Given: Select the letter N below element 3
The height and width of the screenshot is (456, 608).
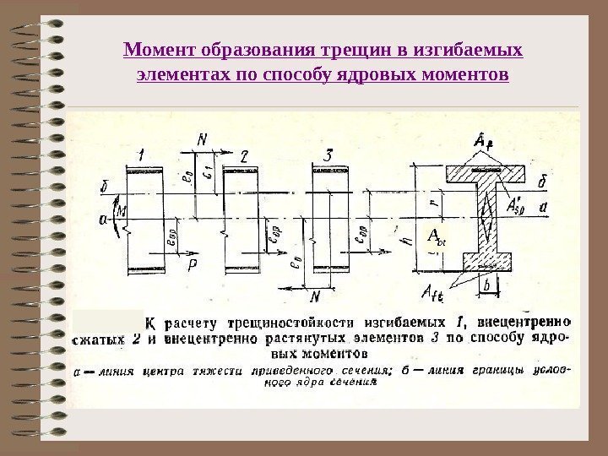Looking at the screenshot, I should (x=314, y=297).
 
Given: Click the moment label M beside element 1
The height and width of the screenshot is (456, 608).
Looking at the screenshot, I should (x=122, y=210).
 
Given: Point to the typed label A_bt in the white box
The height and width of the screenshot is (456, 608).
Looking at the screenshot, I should (x=437, y=236).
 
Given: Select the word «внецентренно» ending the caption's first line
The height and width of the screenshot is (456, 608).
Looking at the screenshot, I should (x=524, y=322).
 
